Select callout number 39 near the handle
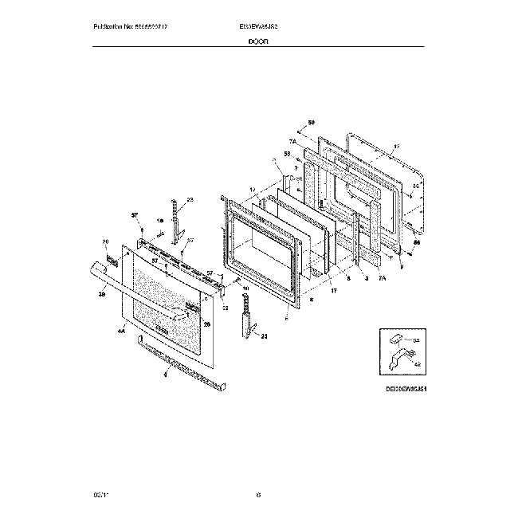point(101,294)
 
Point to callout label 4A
point(121,330)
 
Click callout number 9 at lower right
point(401,254)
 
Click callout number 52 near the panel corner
point(225,308)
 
